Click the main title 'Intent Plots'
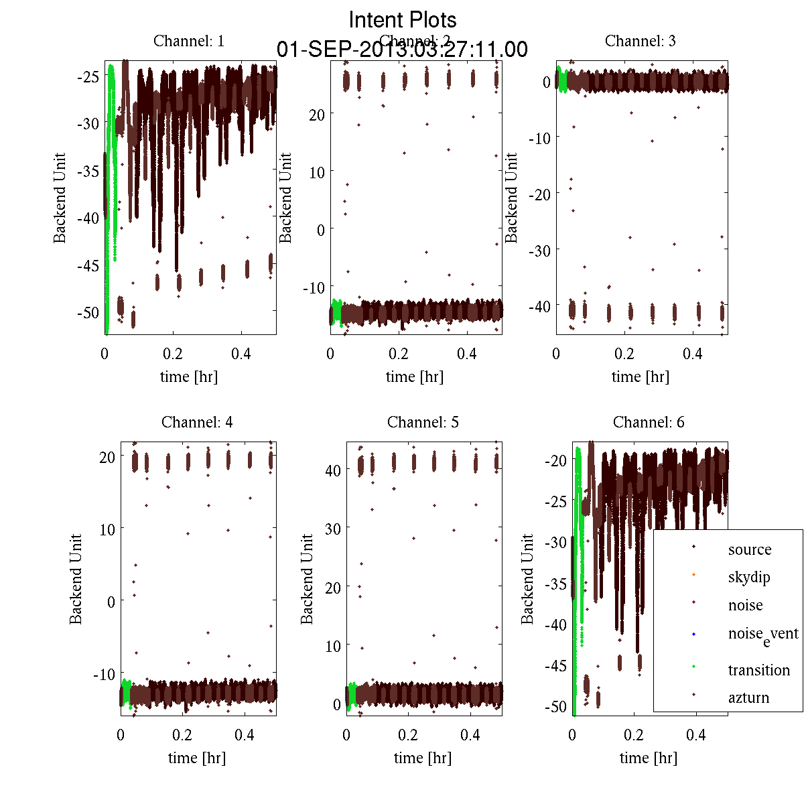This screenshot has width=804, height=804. tap(403, 19)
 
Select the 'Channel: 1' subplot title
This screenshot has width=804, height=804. tap(189, 41)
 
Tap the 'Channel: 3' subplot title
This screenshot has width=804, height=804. tap(640, 41)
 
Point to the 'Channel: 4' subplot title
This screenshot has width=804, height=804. tap(197, 422)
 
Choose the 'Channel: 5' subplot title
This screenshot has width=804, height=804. tap(423, 422)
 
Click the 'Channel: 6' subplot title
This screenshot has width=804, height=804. tap(649, 422)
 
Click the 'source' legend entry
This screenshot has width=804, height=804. tap(749, 549)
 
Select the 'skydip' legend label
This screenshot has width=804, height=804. tap(748, 577)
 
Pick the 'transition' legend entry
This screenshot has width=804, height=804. tap(758, 669)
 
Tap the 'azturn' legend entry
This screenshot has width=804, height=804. tap(748, 697)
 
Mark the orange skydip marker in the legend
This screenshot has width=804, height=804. tap(693, 574)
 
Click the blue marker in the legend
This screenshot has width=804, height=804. tap(693, 634)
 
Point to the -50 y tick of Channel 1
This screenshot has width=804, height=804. tap(88, 313)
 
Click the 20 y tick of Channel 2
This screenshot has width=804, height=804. tap(316, 115)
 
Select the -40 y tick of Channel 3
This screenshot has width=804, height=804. tap(539, 306)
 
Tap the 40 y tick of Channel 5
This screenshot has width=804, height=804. tap(332, 470)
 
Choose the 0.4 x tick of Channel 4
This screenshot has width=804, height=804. tap(245, 735)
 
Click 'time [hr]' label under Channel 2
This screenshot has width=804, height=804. tap(415, 377)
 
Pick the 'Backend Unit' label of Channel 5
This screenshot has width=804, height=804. tap(307, 579)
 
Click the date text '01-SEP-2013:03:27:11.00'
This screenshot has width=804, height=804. tap(402, 50)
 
